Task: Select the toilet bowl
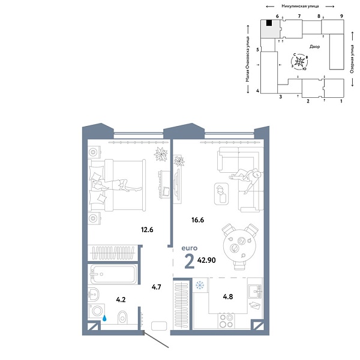pos(122,317)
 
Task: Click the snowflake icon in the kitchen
pos(200,283)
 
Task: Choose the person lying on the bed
pos(117,185)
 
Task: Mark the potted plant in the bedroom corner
pos(161,154)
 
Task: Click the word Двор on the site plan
pos(316,46)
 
